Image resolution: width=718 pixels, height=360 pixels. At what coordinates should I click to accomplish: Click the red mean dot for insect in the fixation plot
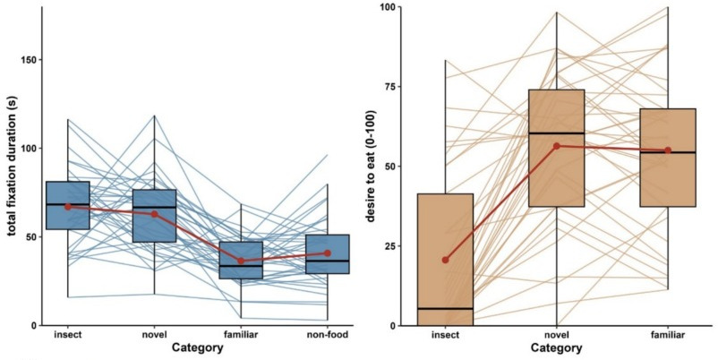click(68, 207)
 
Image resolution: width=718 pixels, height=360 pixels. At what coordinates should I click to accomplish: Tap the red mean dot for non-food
click(327, 253)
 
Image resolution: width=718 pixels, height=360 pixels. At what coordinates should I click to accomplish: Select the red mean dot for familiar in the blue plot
click(241, 261)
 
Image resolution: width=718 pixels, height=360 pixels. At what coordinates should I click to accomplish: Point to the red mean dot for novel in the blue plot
click(154, 214)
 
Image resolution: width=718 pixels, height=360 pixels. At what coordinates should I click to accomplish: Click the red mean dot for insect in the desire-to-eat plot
click(445, 260)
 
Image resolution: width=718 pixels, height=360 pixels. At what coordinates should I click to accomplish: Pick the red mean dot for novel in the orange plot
click(556, 146)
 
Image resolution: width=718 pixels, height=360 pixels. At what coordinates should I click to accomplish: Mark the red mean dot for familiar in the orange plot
click(668, 150)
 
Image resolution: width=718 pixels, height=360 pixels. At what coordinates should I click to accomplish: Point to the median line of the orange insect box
click(445, 308)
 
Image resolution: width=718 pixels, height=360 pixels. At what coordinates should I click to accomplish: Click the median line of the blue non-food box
click(327, 261)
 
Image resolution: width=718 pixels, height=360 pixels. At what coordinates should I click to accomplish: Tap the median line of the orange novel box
click(556, 133)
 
